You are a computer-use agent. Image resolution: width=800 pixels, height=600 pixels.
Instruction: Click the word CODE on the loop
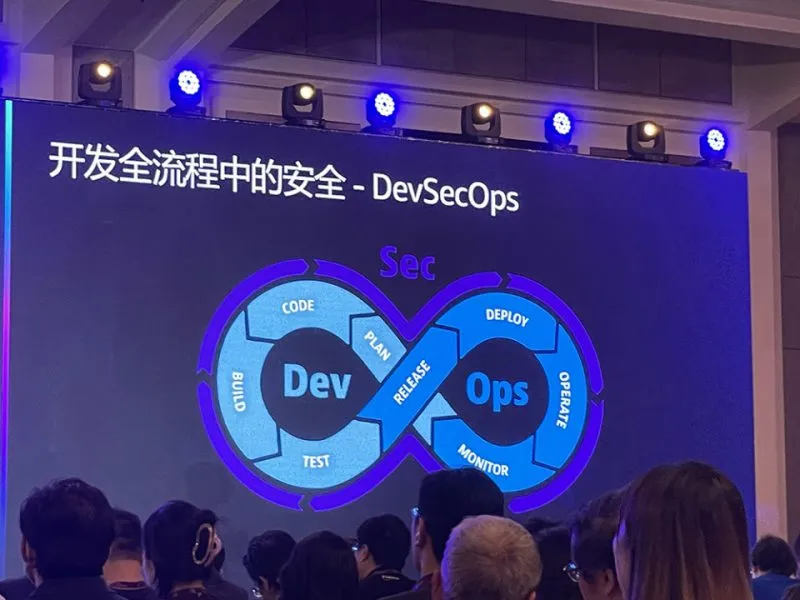coord(298,307)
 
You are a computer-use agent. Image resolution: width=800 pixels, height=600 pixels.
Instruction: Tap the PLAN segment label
coord(378,344)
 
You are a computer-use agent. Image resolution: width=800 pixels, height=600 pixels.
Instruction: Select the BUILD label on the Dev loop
coord(239,392)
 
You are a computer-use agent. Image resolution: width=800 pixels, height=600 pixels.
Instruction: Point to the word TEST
coord(316,461)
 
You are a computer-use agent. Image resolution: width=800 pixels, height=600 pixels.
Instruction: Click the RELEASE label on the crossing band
coord(412,382)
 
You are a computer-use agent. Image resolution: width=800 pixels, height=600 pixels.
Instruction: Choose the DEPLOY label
coord(507,317)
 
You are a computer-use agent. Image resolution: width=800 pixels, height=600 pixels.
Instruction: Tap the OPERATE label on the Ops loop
coord(563,399)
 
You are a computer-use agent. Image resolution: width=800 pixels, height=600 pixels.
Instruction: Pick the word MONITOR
coord(483,460)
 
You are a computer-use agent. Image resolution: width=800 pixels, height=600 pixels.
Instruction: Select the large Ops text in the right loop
coord(497,390)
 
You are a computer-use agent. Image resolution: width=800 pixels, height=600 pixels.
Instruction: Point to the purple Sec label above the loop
coord(408,263)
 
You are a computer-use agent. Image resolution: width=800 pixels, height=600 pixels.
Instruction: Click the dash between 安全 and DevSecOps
coord(358,191)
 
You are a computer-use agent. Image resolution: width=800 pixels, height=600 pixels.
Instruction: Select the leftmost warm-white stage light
coord(100,81)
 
